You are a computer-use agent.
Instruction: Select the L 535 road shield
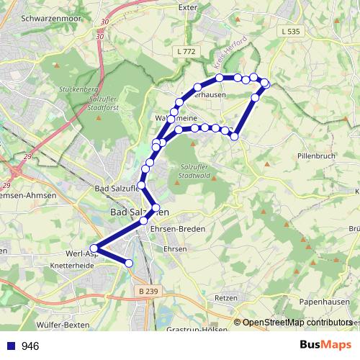pos(291,31)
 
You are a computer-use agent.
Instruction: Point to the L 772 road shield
pos(186,51)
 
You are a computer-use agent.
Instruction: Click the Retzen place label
pos(226,297)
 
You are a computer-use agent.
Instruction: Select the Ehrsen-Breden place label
pos(177,228)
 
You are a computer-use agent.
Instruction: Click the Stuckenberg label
pos(81,91)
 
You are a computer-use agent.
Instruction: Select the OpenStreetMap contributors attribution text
pos(296,323)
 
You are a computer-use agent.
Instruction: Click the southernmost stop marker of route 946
pos(130,264)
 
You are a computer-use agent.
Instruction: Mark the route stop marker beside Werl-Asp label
pos(94,248)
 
